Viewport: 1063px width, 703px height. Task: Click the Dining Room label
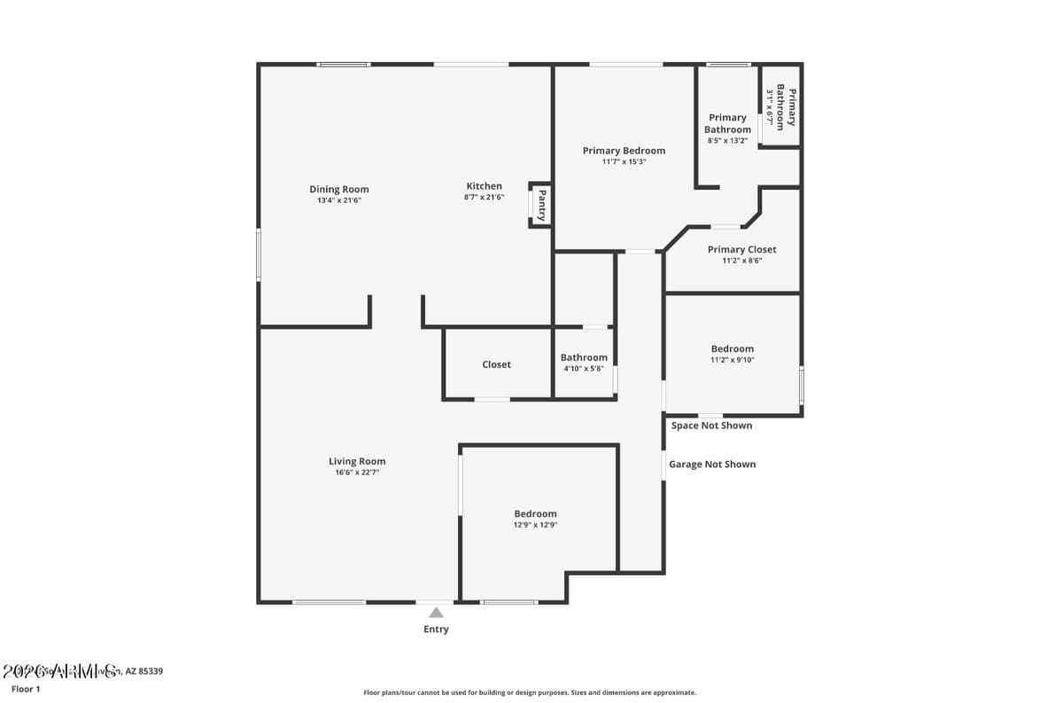coord(338,189)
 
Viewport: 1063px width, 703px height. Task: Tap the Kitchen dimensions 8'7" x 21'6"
coord(484,197)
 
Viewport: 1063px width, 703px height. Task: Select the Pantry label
coord(541,205)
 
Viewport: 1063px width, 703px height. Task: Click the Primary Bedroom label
coord(624,151)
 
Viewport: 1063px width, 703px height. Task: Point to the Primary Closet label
coord(741,249)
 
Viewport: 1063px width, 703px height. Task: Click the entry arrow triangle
coord(436,612)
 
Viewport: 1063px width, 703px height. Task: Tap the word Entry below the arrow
coord(436,629)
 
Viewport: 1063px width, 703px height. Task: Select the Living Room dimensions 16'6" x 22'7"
coord(357,473)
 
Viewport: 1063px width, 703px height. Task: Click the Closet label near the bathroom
coord(496,364)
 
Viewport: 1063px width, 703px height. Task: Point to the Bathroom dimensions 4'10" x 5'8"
coord(584,369)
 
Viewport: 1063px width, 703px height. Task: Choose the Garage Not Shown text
coord(712,464)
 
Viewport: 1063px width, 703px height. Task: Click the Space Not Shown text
coord(711,426)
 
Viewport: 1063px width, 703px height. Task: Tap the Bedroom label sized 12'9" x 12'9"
coord(535,513)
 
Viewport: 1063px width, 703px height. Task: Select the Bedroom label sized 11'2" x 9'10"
coord(732,348)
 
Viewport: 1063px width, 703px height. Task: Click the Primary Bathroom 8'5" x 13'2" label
coord(727,123)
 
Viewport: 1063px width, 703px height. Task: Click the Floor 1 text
coord(26,689)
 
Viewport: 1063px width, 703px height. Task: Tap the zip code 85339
coord(150,671)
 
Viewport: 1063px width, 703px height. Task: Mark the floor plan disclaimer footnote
coord(530,692)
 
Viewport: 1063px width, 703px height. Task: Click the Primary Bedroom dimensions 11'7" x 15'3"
coord(624,161)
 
